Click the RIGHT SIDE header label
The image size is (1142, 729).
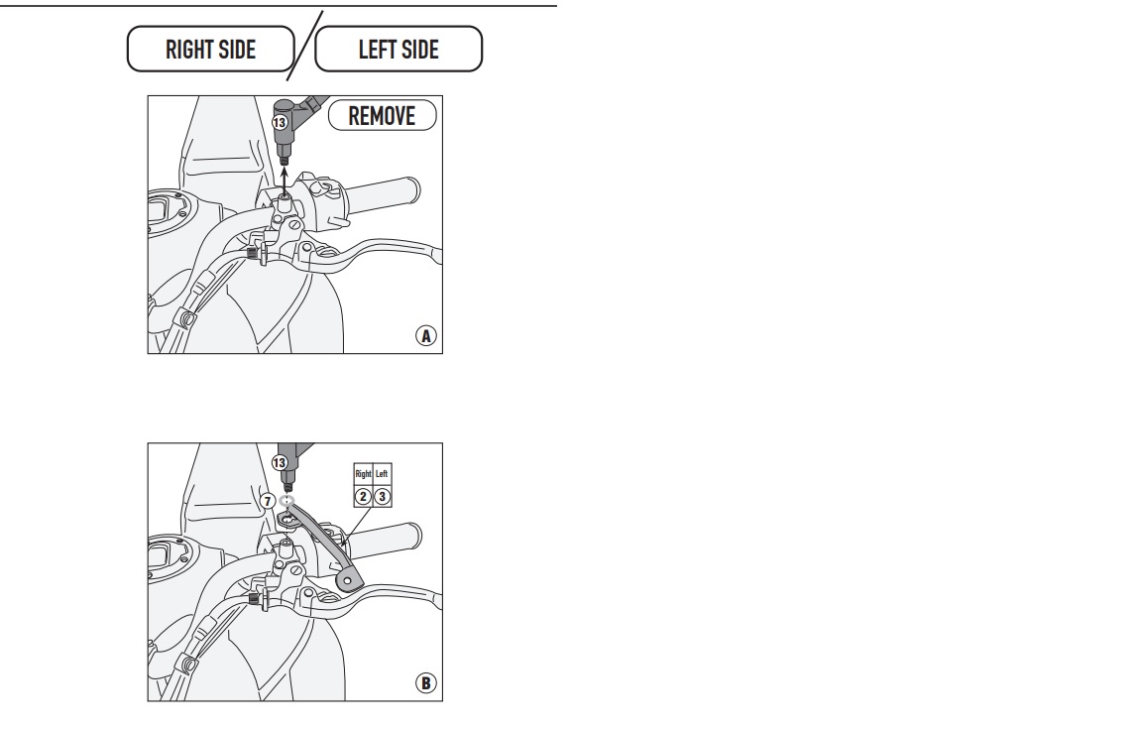210,50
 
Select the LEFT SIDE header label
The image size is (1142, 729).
399,50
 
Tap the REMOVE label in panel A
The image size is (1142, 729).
383,116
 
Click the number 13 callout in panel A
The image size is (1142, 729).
280,122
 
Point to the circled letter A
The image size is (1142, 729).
426,335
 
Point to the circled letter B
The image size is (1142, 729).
426,683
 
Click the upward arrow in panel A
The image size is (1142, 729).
285,182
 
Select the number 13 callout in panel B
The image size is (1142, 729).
280,463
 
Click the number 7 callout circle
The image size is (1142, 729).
268,501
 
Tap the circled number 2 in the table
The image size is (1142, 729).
363,497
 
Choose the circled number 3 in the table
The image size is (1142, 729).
382,497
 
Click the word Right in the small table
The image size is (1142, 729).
363,474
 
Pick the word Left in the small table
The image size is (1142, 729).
382,474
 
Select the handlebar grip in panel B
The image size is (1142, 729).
383,541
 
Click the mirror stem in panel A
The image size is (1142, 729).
285,139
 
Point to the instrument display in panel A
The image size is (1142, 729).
162,212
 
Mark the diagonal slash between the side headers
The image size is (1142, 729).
304,46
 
